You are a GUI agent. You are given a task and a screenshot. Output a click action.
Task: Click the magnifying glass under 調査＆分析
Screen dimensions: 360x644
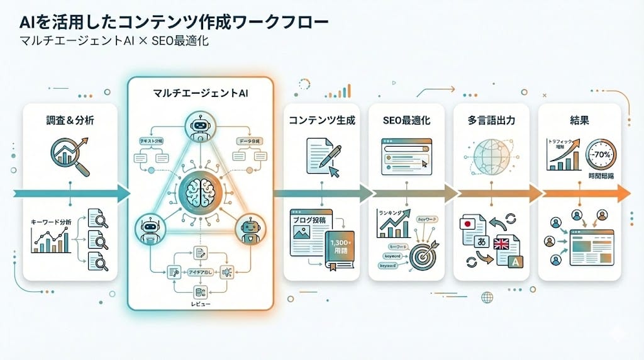click(x=70, y=157)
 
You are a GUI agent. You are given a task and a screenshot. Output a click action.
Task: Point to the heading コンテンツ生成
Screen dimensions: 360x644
click(x=321, y=120)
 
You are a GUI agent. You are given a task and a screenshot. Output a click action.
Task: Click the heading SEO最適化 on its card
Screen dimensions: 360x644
click(x=406, y=120)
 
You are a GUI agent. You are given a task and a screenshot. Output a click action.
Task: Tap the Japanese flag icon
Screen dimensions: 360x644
click(x=469, y=223)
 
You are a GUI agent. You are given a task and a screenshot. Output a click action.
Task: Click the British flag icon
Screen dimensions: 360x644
click(x=504, y=244)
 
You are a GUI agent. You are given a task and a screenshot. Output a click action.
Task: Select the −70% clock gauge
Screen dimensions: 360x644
click(x=601, y=155)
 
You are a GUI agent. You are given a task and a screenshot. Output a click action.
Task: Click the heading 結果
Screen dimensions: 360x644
click(x=579, y=120)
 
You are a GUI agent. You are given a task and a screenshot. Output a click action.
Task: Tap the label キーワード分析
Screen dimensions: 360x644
click(x=52, y=222)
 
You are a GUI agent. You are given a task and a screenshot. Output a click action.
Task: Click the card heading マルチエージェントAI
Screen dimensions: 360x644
click(x=200, y=93)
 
